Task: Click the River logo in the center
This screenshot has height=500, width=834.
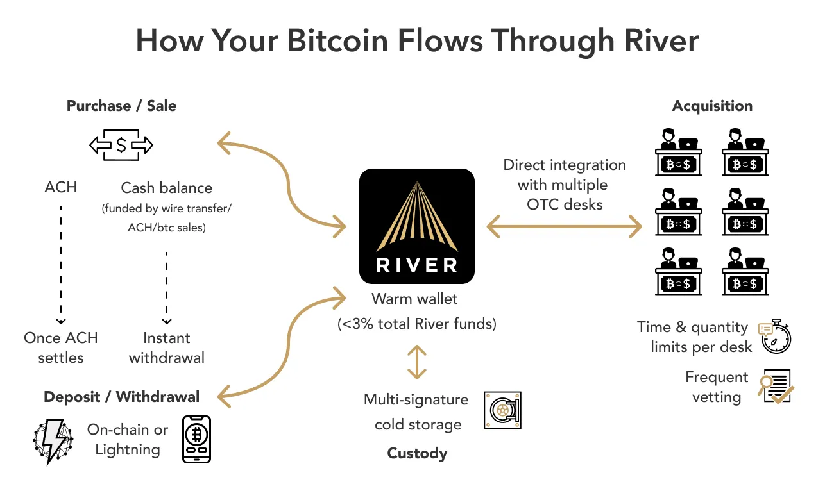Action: point(417,226)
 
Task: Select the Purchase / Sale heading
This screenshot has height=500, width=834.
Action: point(121,106)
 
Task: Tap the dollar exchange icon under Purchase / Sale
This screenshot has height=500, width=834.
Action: point(121,146)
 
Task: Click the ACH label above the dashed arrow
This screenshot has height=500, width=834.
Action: point(61,187)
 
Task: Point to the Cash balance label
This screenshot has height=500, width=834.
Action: point(167,188)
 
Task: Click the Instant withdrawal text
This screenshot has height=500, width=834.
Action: point(167,347)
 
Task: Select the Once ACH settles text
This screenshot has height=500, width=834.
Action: point(61,347)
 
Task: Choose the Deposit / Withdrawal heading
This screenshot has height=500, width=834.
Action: point(121,397)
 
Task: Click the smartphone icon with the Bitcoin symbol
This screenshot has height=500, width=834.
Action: point(196,439)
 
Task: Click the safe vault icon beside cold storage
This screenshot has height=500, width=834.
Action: point(502,410)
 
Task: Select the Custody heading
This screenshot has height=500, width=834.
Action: point(417,453)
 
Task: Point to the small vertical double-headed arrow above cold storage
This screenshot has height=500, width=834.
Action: point(417,362)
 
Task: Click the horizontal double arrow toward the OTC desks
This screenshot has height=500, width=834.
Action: point(565,226)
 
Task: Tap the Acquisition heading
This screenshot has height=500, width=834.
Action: point(712,106)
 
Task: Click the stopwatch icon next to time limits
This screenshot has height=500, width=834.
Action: point(776,336)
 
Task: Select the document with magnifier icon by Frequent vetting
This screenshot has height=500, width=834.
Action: point(776,387)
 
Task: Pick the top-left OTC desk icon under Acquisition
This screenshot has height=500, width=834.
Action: point(679,153)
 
